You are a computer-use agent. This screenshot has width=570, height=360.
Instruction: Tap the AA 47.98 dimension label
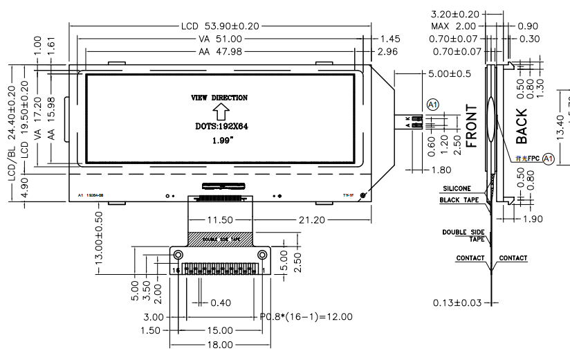[x=221, y=52]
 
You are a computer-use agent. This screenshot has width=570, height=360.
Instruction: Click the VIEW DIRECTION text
[x=219, y=98]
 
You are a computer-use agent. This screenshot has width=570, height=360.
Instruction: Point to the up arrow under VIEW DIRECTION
[x=220, y=112]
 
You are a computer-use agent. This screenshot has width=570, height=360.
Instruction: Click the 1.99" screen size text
[x=220, y=141]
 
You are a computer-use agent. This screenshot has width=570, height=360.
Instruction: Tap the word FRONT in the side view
[x=472, y=127]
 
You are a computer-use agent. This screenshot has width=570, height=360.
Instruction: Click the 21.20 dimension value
[x=313, y=220]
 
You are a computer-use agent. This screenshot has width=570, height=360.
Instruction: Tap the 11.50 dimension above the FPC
[x=220, y=220]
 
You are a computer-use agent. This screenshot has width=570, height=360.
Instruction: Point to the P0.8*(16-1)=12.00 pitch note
[x=306, y=316]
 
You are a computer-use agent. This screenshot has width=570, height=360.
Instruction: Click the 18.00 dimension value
[x=220, y=344]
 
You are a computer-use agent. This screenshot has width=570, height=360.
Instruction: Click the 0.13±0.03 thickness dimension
[x=459, y=303]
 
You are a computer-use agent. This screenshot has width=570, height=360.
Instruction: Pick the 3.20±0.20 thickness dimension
[x=456, y=14]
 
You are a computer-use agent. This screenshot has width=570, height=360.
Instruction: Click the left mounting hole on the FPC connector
[x=177, y=255]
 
